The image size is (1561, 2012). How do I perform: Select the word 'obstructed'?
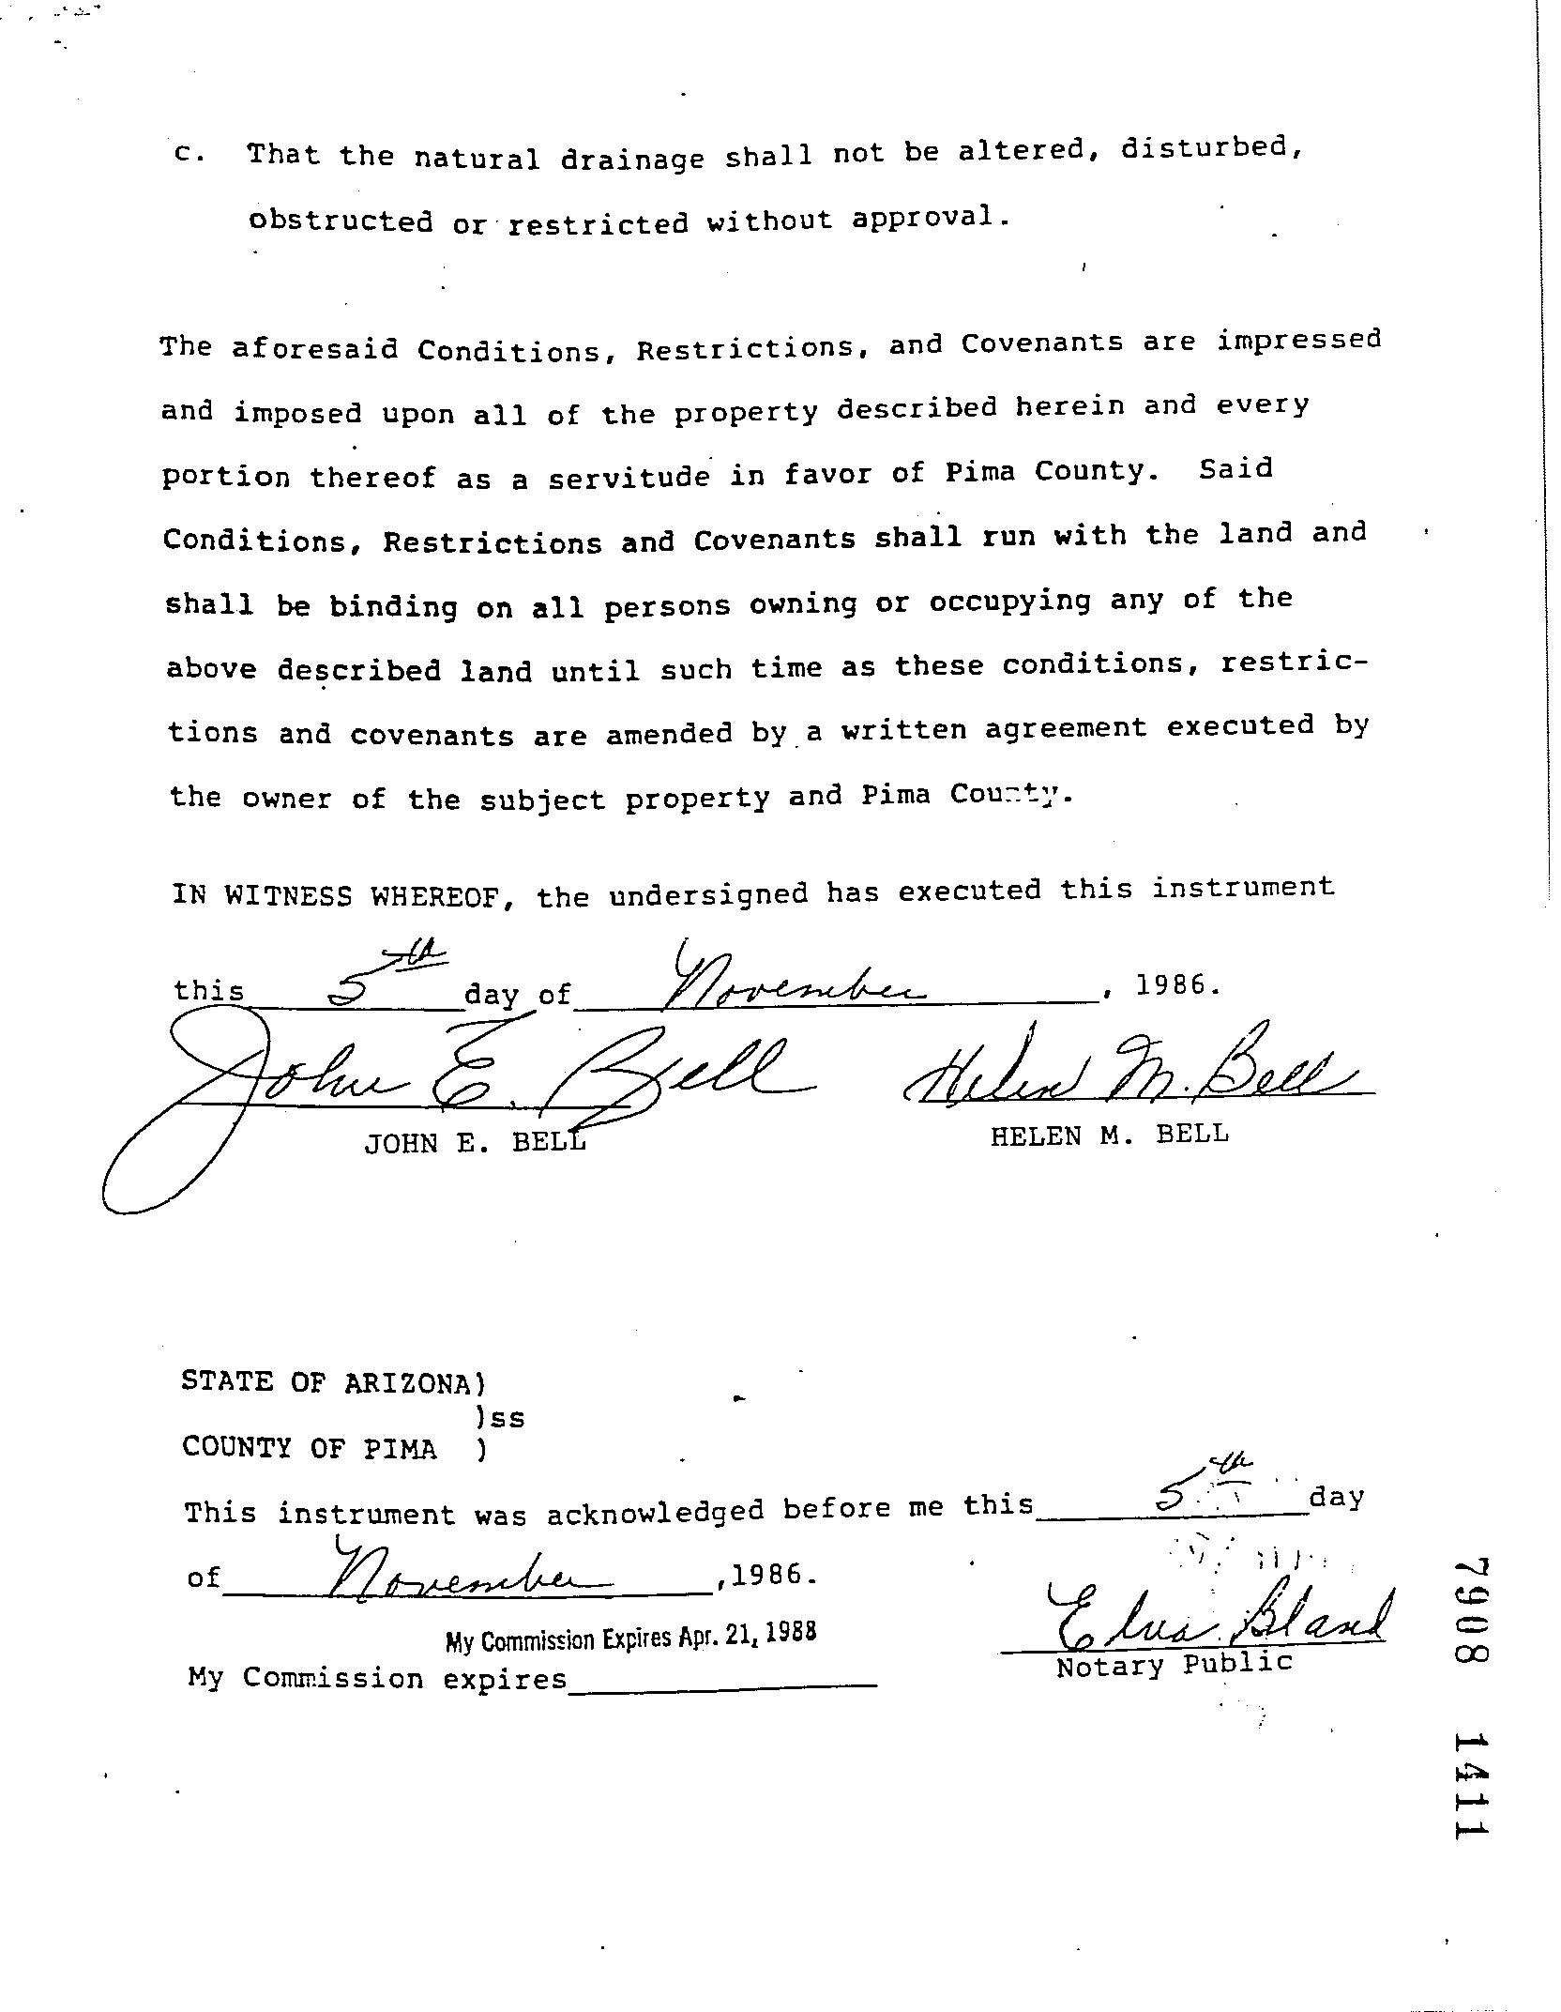pos(341,221)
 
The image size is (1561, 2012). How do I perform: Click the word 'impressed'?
pos(1299,340)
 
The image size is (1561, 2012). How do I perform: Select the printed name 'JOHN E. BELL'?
pos(475,1142)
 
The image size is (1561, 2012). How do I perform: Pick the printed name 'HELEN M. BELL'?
pos(1109,1135)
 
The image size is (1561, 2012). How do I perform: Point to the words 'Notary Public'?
pos(1175,1665)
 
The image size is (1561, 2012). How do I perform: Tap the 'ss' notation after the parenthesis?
pos(508,1418)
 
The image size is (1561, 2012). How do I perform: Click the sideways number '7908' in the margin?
pos(1471,1611)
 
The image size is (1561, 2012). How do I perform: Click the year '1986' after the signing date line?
pos(1177,985)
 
